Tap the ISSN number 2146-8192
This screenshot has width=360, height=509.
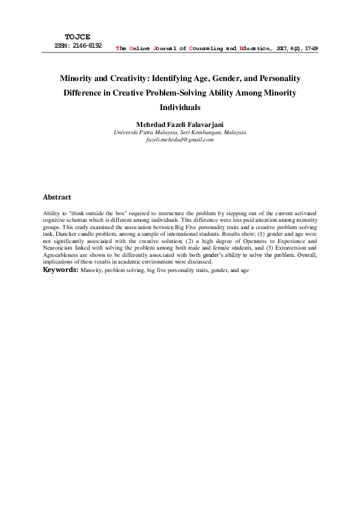(85, 45)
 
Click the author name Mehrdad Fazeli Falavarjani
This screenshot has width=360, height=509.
(180, 124)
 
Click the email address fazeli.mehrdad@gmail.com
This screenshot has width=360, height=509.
(180, 140)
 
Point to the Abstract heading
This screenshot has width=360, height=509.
(57, 197)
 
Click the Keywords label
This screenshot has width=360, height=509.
(61, 270)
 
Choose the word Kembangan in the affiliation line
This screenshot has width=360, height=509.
(192, 132)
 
